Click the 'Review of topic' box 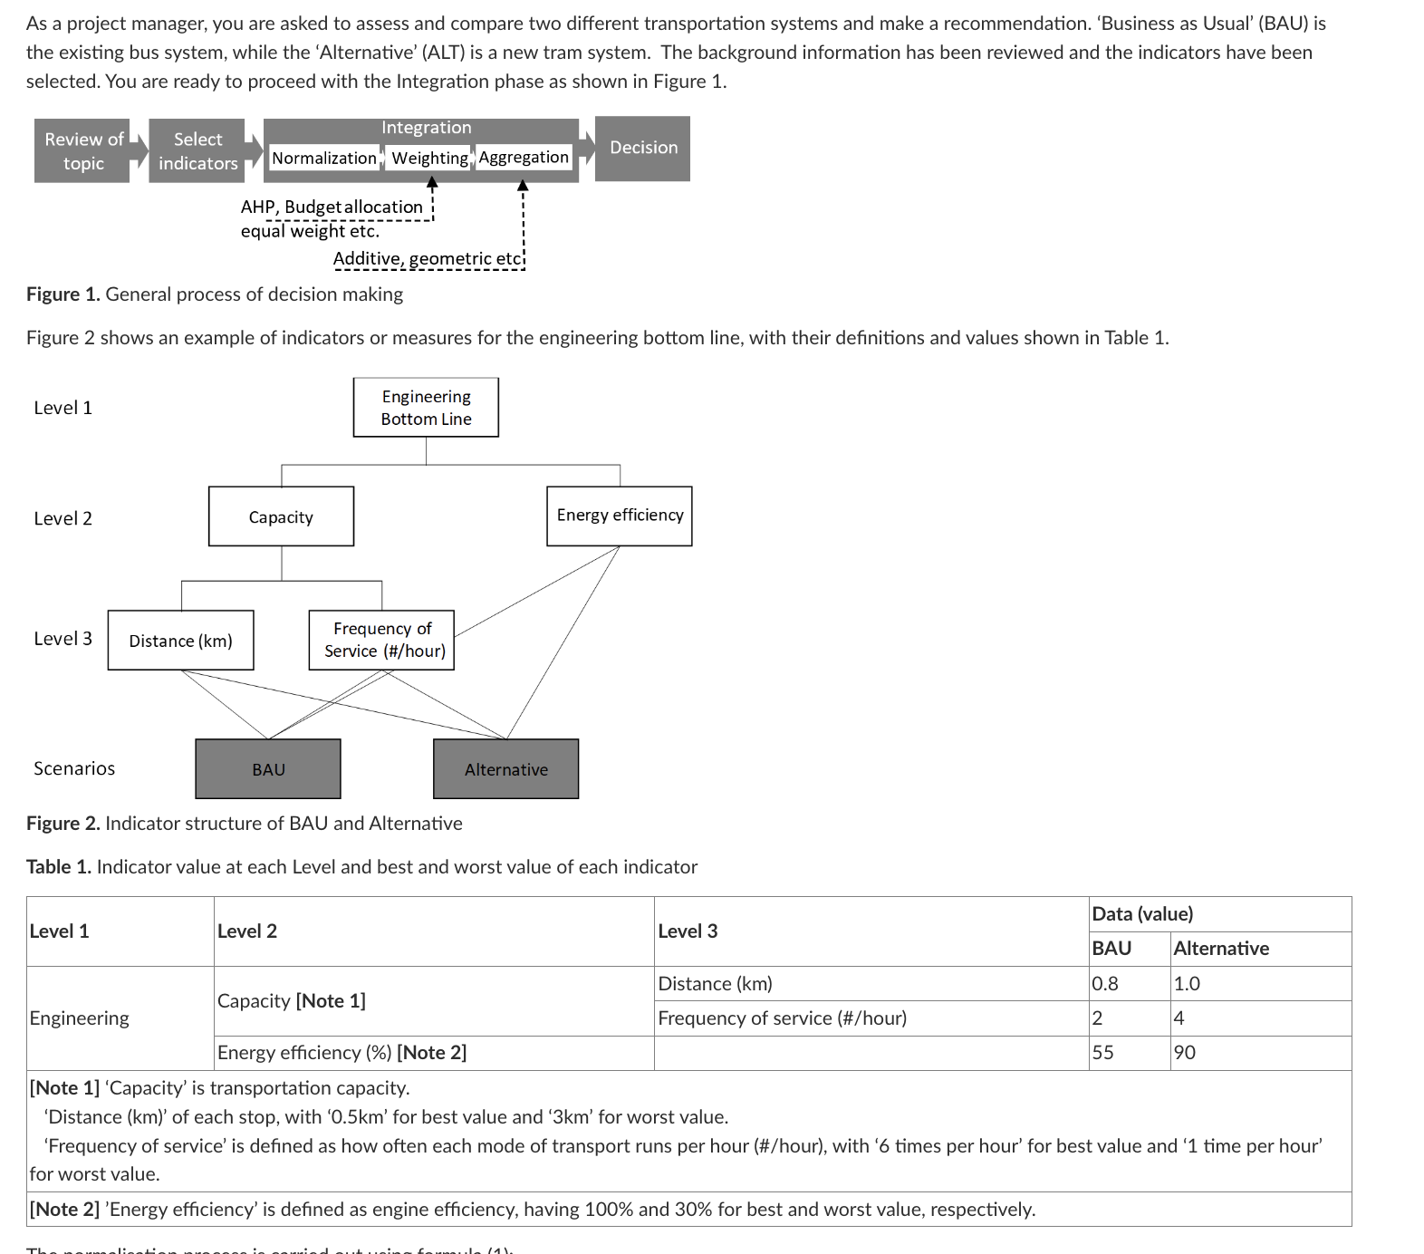[x=82, y=151]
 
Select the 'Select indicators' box [x=197, y=151]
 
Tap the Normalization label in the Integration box [x=323, y=159]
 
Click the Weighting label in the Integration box [x=429, y=159]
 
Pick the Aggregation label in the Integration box [x=524, y=158]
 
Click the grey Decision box [x=642, y=148]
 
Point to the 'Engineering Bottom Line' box [x=426, y=408]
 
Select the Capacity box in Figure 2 [x=281, y=517]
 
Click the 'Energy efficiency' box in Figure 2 [x=620, y=516]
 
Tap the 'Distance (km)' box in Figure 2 [x=180, y=641]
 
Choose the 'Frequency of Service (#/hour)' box [x=381, y=640]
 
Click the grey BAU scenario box [x=268, y=769]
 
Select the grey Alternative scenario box [x=505, y=769]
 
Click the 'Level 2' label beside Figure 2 [x=63, y=518]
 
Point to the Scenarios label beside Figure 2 [x=74, y=768]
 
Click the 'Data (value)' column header [x=1142, y=914]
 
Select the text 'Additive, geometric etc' [x=428, y=259]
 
